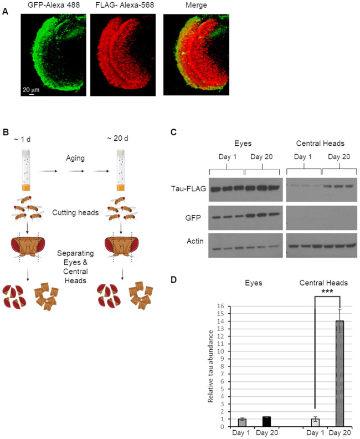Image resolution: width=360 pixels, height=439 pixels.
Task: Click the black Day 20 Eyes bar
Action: pos(266,421)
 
